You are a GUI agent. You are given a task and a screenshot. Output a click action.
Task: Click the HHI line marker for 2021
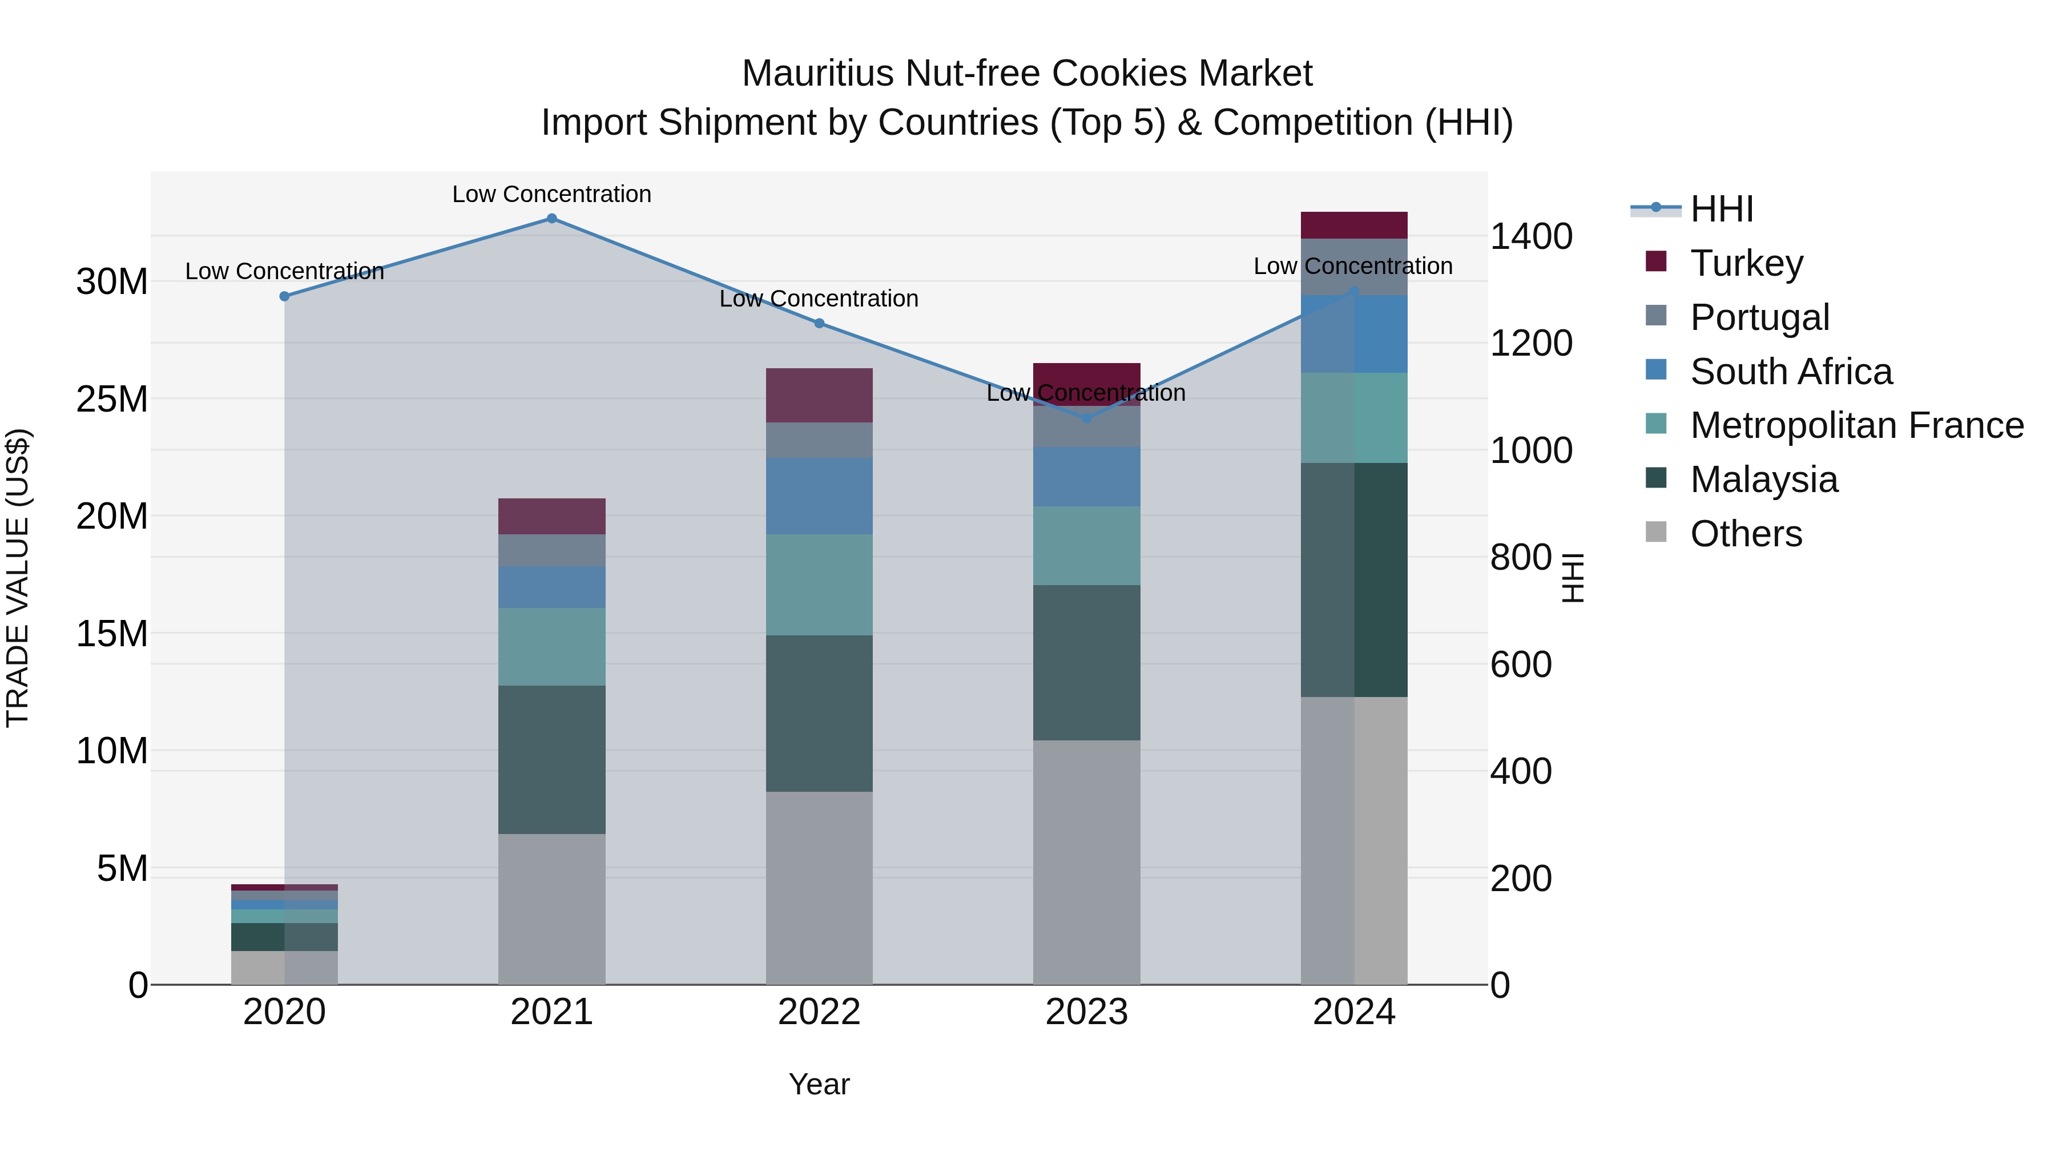[x=551, y=219]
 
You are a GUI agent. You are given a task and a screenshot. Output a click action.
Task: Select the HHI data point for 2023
[x=1086, y=418]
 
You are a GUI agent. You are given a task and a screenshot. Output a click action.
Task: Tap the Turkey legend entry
[x=1746, y=263]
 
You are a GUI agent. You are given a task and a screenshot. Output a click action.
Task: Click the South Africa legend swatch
[x=1656, y=370]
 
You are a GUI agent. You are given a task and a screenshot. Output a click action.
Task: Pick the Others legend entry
[x=1746, y=534]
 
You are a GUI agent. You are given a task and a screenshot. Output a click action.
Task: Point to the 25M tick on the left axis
[x=112, y=399]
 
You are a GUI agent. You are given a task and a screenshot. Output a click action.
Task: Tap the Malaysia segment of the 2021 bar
[x=551, y=759]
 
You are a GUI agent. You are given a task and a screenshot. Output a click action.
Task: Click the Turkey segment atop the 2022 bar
[x=819, y=395]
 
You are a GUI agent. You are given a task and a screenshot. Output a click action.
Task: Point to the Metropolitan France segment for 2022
[x=819, y=584]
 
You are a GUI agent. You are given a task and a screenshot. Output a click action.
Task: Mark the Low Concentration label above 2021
[x=551, y=195]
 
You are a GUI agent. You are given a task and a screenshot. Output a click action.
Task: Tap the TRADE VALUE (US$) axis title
[x=18, y=578]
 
